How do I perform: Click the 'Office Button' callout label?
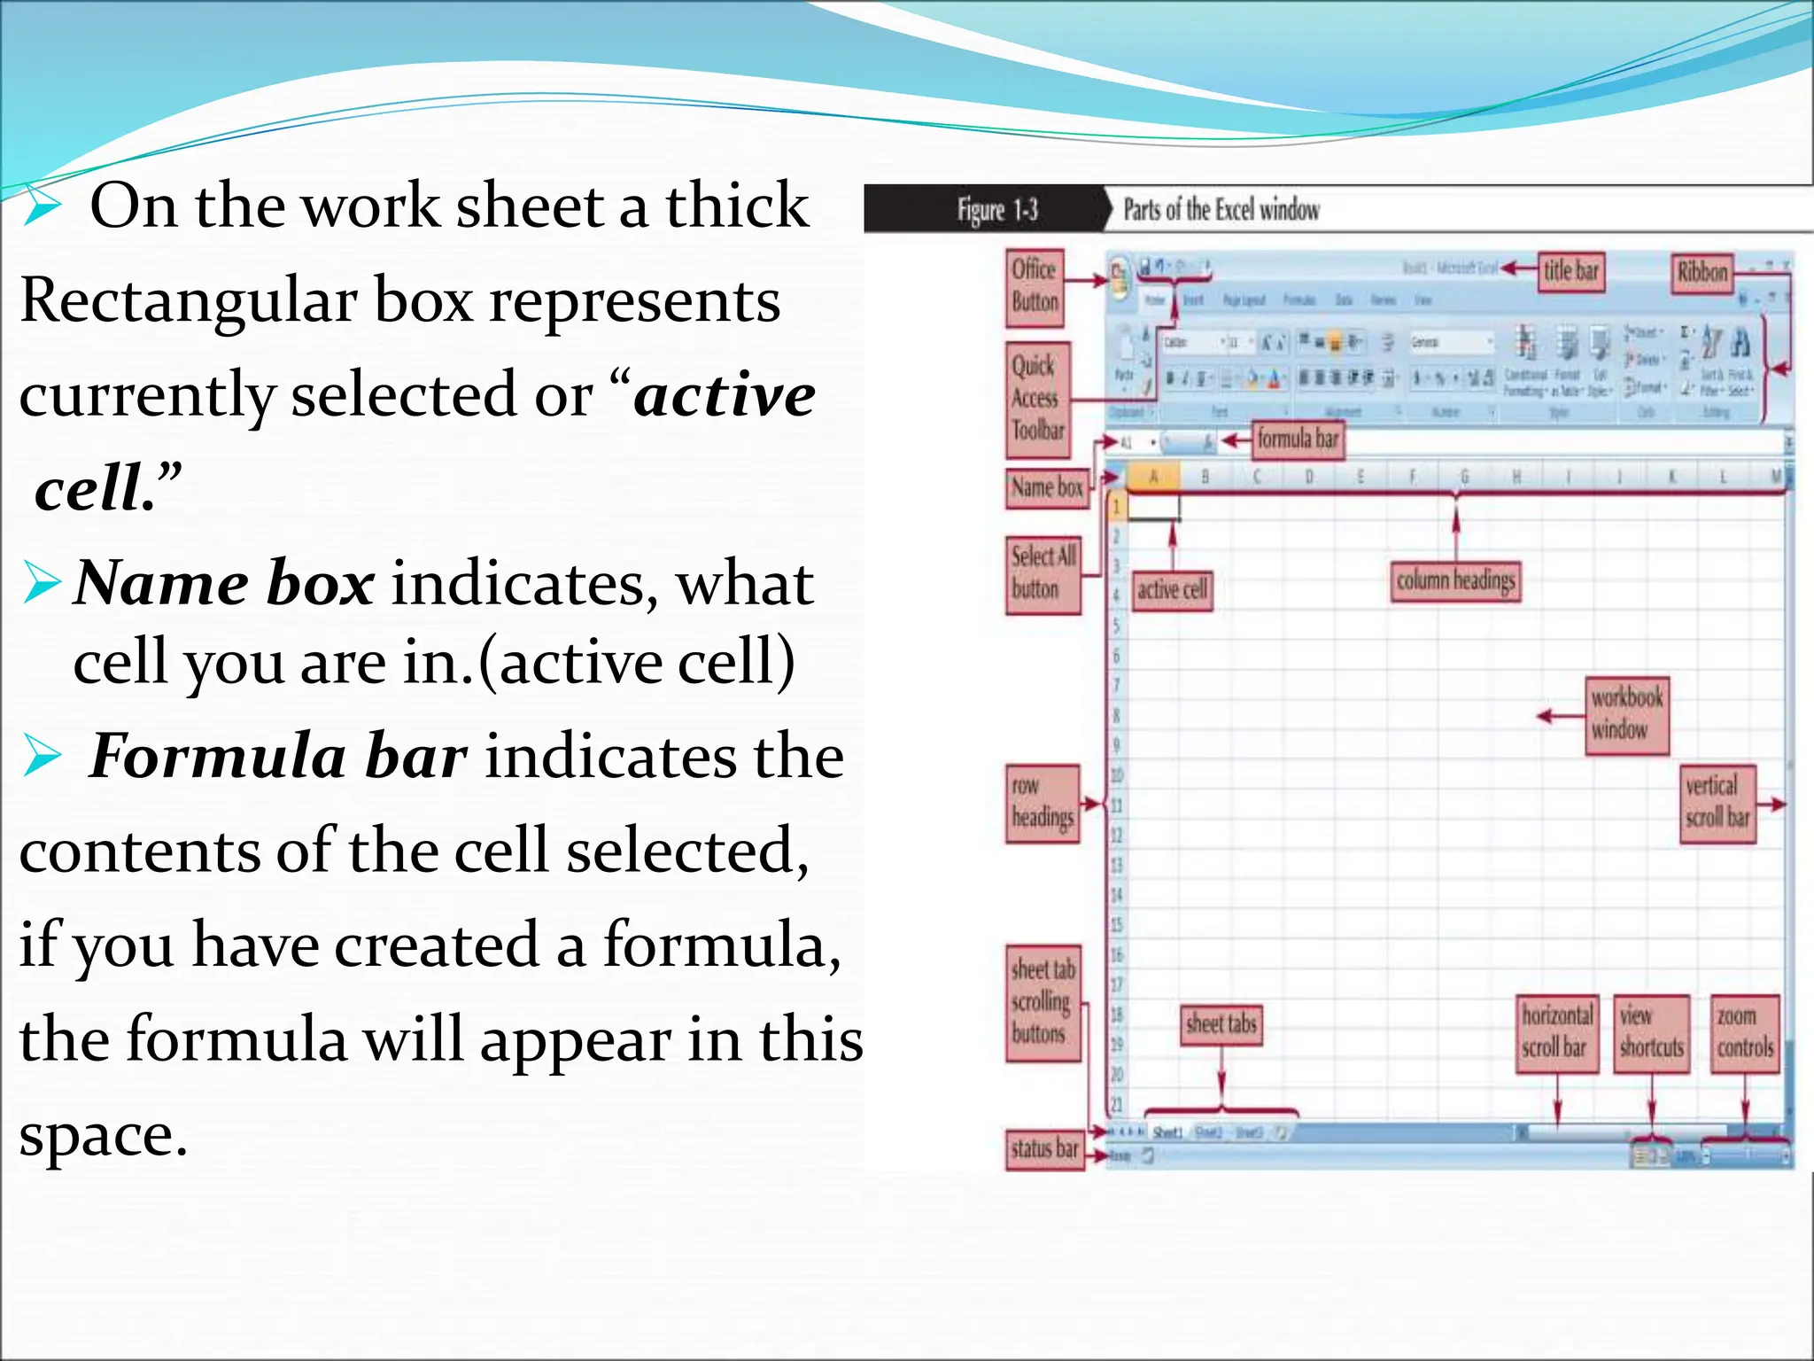1035,286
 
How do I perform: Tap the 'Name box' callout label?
1047,487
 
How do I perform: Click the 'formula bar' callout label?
1297,439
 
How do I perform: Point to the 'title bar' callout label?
1570,270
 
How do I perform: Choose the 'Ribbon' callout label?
1702,272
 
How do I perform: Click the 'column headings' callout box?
1455,581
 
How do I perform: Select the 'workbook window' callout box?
1626,714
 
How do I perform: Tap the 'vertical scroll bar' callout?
1717,802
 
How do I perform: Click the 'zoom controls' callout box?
1744,1033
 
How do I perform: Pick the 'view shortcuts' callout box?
1651,1033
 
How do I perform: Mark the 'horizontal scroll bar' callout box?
1556,1033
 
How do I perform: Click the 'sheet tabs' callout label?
1221,1024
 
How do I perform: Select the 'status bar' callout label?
1045,1149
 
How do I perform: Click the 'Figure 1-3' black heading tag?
996,210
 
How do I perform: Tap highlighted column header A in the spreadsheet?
1153,477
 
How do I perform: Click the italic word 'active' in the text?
725,395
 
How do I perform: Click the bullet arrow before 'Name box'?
42,583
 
